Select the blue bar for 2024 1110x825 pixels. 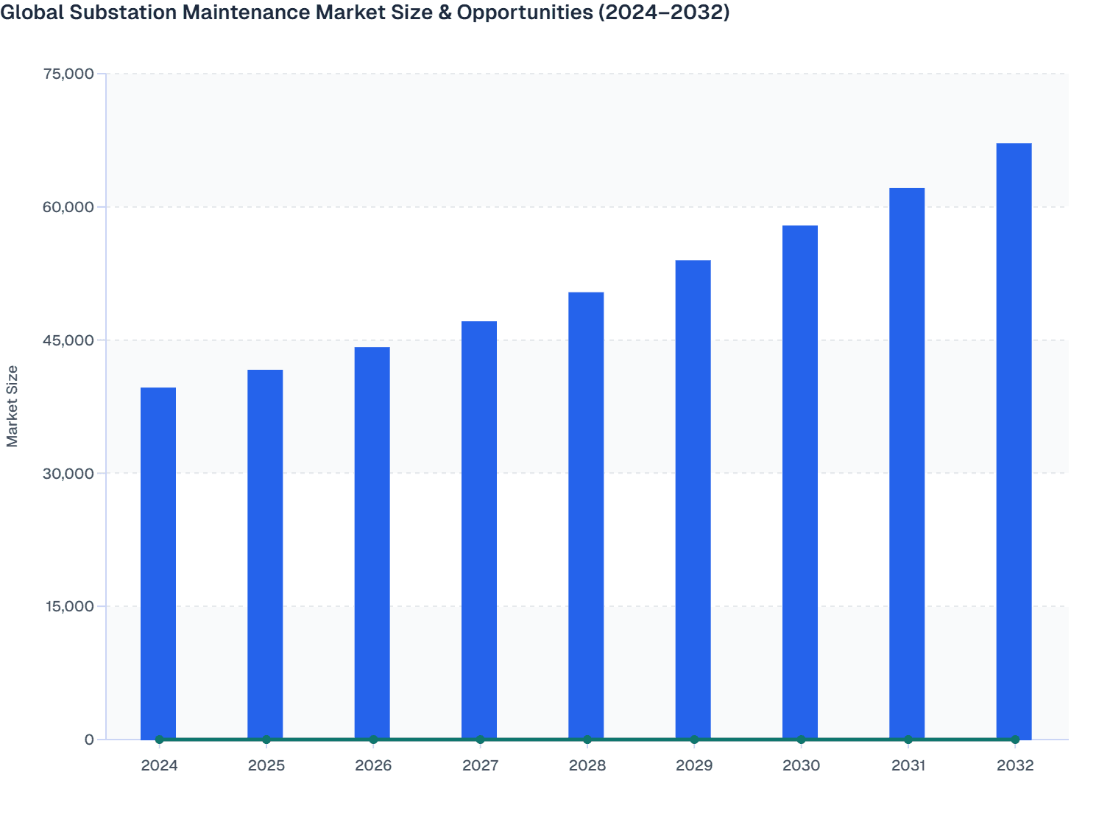pyautogui.click(x=158, y=564)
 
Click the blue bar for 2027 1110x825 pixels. pyautogui.click(x=479, y=530)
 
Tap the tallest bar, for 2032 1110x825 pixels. pyautogui.click(x=1014, y=442)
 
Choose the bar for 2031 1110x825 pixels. pyautogui.click(x=907, y=464)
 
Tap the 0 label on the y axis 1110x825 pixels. pyautogui.click(x=89, y=740)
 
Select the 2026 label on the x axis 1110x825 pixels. pyautogui.click(x=373, y=765)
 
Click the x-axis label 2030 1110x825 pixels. pyautogui.click(x=801, y=765)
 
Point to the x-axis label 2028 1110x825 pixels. pyautogui.click(x=587, y=765)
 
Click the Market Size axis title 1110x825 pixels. pyautogui.click(x=13, y=406)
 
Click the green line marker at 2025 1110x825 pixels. pyautogui.click(x=266, y=740)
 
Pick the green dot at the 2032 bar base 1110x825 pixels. pyautogui.click(x=1015, y=740)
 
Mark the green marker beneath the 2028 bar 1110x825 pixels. pyautogui.click(x=587, y=740)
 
